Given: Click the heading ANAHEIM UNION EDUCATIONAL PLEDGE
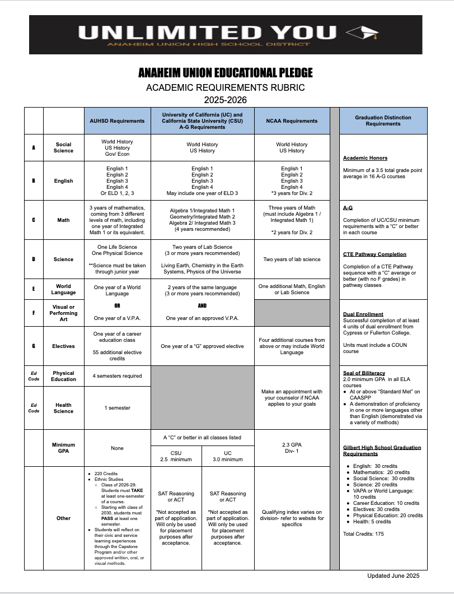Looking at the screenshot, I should click(226, 73).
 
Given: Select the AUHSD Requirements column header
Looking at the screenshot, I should click(117, 120).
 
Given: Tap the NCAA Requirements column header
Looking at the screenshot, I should click(292, 120).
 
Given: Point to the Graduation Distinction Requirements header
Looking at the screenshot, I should click(383, 120).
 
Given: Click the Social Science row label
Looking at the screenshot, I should click(63, 147).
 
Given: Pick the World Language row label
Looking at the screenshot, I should click(63, 290).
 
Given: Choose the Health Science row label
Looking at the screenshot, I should click(63, 408).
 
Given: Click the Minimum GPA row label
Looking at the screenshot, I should click(63, 448).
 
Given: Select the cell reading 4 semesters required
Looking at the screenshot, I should click(117, 375).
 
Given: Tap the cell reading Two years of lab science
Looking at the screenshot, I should click(292, 259).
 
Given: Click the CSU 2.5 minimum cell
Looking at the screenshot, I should click(176, 456).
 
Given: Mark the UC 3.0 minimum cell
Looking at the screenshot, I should click(227, 456).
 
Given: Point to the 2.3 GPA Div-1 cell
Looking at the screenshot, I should click(292, 448).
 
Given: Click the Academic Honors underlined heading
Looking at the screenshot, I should click(365, 158).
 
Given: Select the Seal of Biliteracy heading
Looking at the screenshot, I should click(364, 373).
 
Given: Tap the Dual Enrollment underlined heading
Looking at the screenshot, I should click(363, 314).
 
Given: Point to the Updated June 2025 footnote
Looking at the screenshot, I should click(393, 576).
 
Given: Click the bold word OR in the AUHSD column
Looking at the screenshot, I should click(117, 306).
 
